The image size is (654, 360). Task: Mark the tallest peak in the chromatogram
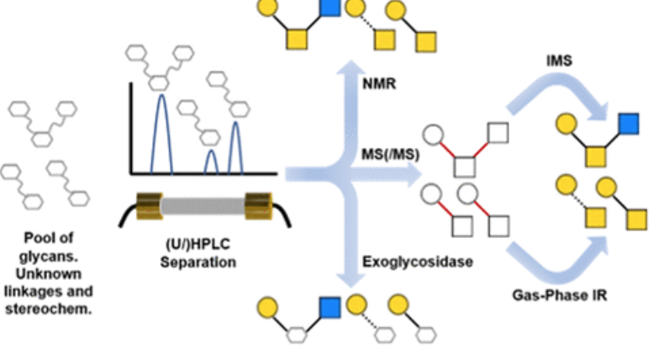point(166,98)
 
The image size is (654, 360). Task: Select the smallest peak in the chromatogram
point(211,154)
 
